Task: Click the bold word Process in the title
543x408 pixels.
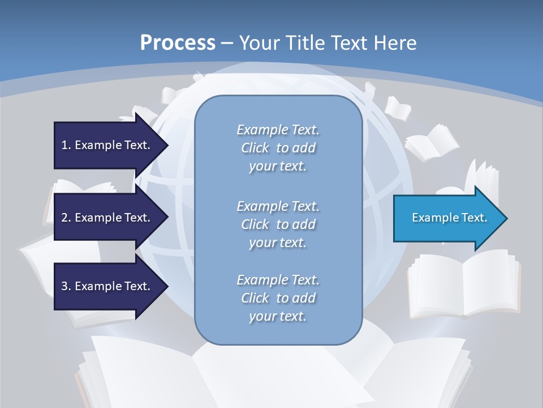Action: [178, 43]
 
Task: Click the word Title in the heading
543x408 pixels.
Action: [306, 43]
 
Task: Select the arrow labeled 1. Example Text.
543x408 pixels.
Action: [107, 145]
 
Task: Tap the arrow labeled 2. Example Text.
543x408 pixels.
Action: [107, 218]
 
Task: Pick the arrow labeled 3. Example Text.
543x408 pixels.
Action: [107, 286]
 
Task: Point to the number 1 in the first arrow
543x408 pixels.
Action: [64, 145]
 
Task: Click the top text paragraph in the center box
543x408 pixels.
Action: [278, 148]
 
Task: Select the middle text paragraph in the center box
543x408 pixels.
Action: [278, 224]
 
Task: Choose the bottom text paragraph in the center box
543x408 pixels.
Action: [278, 298]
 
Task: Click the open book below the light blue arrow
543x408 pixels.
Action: [464, 283]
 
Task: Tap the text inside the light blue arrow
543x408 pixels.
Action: [449, 218]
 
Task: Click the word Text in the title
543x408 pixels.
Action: [350, 43]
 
